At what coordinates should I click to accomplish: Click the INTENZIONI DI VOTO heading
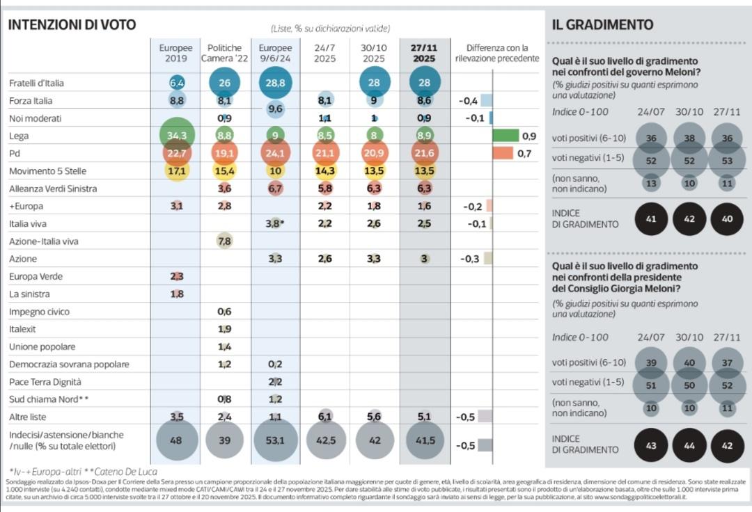tap(72, 25)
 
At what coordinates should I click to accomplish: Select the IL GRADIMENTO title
tap(602, 25)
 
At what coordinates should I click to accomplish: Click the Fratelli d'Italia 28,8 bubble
tap(275, 83)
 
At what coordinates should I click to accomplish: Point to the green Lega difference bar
tap(506, 136)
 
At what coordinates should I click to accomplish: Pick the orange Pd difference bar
tap(503, 153)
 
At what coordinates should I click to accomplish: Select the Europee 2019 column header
tap(175, 53)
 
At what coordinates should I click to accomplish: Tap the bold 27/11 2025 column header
tap(424, 53)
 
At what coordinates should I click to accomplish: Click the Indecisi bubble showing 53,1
tap(275, 440)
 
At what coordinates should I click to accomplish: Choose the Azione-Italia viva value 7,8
tap(225, 241)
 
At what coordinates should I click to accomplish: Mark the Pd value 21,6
tap(424, 154)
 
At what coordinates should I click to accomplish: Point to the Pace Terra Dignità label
tap(45, 382)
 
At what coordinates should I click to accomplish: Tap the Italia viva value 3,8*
tap(276, 224)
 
